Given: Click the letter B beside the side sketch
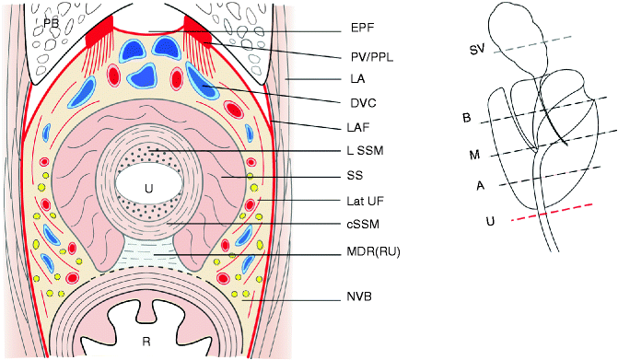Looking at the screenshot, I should pos(467,118).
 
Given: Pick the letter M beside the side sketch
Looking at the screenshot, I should pos(474,155).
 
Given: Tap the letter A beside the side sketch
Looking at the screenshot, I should pos(480,184).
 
